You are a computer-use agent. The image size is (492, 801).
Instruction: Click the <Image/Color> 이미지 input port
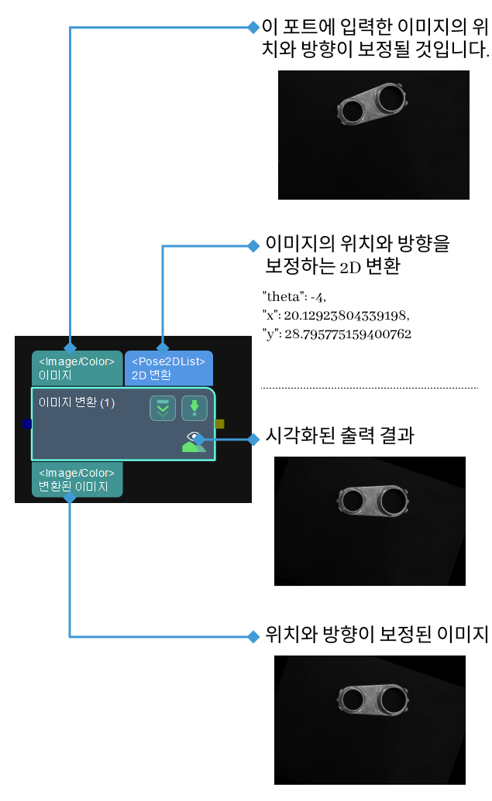click(77, 368)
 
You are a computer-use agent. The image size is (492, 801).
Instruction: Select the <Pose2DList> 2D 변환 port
click(168, 368)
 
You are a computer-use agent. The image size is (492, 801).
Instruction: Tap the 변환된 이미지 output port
click(77, 480)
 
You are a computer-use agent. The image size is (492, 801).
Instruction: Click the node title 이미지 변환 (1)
click(77, 402)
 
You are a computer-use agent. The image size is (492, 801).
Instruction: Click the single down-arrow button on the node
click(194, 407)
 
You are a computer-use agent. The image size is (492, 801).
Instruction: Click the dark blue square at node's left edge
click(27, 423)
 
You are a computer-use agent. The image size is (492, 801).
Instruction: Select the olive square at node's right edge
click(220, 423)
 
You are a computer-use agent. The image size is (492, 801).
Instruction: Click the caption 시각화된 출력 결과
click(339, 436)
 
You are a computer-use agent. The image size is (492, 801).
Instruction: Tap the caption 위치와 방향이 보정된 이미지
click(376, 635)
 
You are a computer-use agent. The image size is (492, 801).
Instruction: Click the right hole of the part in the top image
click(392, 98)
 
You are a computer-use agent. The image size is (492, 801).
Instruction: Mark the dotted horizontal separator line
click(370, 387)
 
